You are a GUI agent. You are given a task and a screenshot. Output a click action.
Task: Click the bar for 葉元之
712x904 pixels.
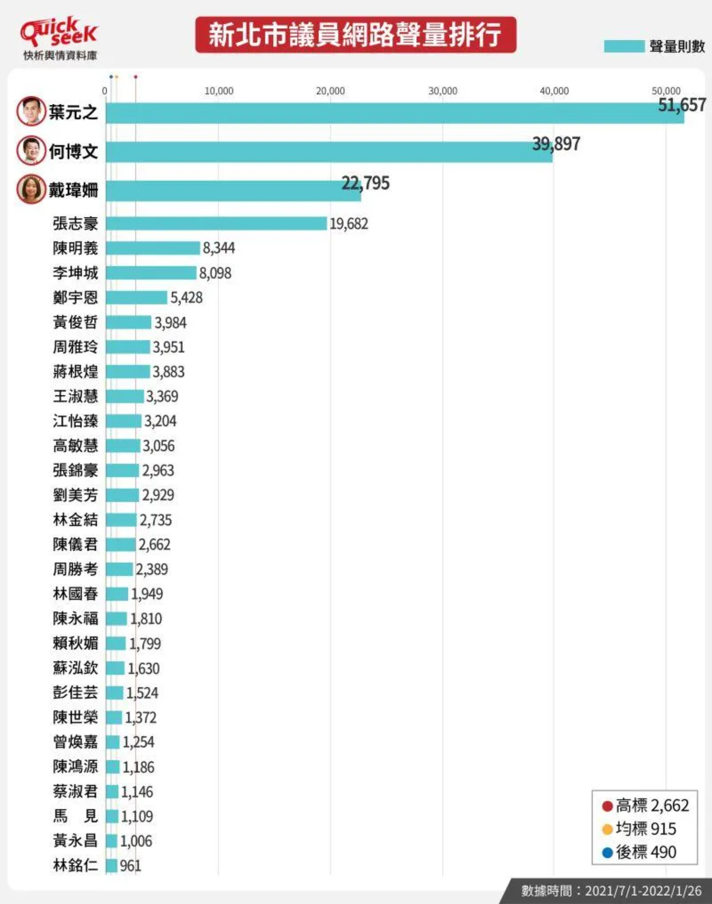coord(394,113)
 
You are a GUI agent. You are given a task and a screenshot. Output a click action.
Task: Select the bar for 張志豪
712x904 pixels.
coord(216,223)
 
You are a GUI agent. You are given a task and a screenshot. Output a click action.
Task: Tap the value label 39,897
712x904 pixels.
coord(556,144)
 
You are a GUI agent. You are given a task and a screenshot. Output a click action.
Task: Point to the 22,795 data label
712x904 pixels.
coord(365,183)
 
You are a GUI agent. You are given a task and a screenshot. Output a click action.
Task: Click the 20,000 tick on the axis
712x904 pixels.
coord(330,91)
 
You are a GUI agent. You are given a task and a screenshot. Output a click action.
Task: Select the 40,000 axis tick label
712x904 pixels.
coord(554,91)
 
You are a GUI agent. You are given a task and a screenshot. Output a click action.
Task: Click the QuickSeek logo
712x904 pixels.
coord(59,32)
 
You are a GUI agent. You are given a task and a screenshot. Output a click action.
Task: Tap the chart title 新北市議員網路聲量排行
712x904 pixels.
coord(355,35)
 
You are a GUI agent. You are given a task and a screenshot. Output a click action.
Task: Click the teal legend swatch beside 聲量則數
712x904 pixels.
coord(624,46)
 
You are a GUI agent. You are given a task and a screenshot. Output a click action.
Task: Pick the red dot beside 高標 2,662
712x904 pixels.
coord(607,806)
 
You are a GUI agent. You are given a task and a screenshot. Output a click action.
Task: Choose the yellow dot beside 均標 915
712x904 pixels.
coord(607,829)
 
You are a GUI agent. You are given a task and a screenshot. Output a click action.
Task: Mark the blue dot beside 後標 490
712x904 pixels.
coord(607,852)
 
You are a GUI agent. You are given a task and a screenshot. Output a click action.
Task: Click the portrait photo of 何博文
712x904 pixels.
coord(31,150)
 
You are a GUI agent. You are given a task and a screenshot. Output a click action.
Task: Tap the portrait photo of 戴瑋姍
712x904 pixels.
coord(31,189)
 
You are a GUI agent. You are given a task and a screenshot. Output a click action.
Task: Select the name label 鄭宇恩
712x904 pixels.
coord(75,297)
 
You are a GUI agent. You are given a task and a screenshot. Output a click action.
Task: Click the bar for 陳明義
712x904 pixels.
coord(153,248)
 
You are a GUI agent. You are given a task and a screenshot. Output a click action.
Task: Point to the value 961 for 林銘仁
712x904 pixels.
coord(130,866)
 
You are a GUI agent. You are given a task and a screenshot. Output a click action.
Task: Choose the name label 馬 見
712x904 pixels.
coord(75,816)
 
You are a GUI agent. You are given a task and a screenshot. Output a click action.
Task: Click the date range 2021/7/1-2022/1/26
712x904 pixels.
coord(643,891)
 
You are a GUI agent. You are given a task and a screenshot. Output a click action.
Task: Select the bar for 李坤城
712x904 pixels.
coord(151,273)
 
